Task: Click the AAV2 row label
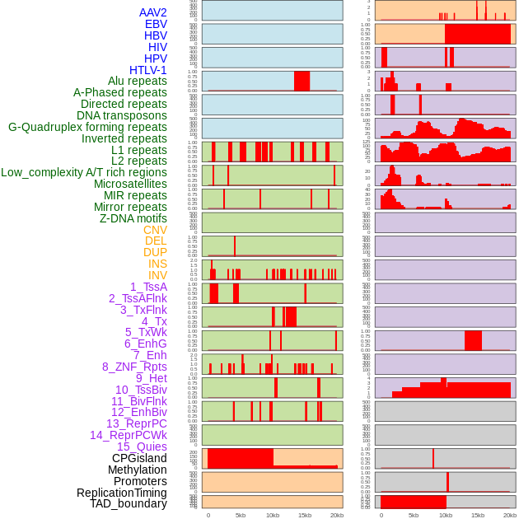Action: click(x=153, y=12)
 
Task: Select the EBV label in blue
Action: click(x=156, y=24)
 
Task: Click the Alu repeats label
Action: click(x=138, y=82)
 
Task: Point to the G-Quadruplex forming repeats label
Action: click(x=87, y=127)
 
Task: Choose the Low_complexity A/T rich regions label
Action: click(x=84, y=172)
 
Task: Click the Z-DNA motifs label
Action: click(x=133, y=218)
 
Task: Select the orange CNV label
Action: click(x=155, y=230)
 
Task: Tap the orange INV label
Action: click(x=157, y=275)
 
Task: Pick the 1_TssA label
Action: click(x=148, y=287)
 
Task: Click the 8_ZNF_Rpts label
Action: click(x=134, y=367)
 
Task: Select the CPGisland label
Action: click(x=139, y=458)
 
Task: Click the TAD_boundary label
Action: click(x=129, y=503)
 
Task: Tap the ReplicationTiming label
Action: click(x=122, y=493)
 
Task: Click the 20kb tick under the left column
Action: click(x=337, y=515)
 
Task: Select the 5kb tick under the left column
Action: click(x=241, y=515)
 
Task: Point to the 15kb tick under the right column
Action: click(x=478, y=515)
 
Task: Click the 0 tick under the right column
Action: click(x=381, y=515)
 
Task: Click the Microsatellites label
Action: click(x=130, y=184)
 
